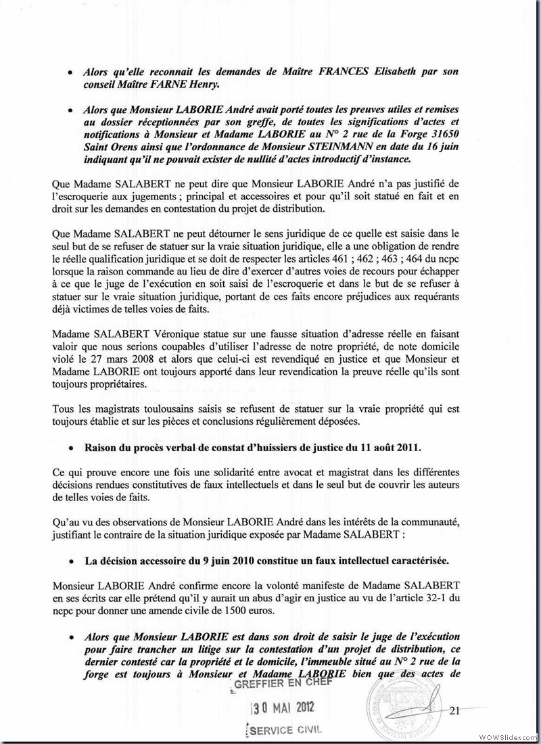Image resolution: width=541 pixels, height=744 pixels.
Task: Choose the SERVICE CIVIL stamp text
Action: (x=284, y=730)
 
